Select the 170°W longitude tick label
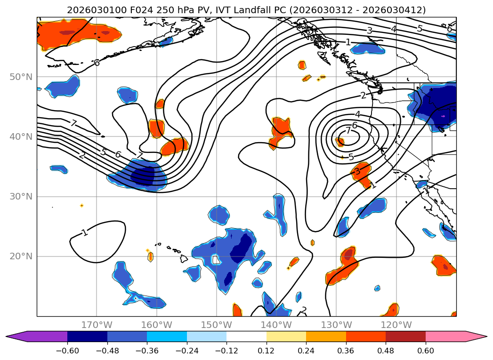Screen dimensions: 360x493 pyautogui.click(x=97, y=325)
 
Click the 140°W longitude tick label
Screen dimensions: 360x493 pyautogui.click(x=276, y=325)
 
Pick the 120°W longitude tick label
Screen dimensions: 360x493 pyautogui.click(x=396, y=325)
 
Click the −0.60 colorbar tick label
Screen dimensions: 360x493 pyautogui.click(x=67, y=352)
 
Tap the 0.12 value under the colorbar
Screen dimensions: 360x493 pyautogui.click(x=267, y=352)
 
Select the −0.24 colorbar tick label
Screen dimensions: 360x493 pyautogui.click(x=187, y=352)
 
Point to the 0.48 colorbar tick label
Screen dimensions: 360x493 pyautogui.click(x=386, y=352)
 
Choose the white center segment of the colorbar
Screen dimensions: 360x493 pyautogui.click(x=246, y=336)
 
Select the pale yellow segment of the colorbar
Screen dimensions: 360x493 pyautogui.click(x=286, y=336)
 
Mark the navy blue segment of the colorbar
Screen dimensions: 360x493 pyautogui.click(x=87, y=336)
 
